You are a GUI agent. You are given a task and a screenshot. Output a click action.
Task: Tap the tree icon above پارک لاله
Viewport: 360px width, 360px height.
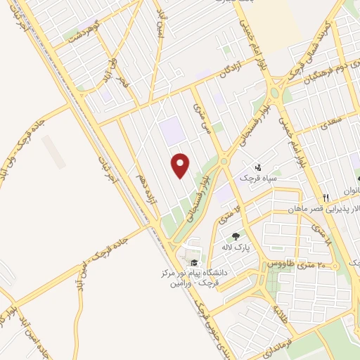click(236, 236)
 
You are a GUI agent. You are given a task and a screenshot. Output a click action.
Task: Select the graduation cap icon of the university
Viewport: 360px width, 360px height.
click(193, 263)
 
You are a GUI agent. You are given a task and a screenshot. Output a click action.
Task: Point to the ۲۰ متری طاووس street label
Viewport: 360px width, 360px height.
click(294, 263)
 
